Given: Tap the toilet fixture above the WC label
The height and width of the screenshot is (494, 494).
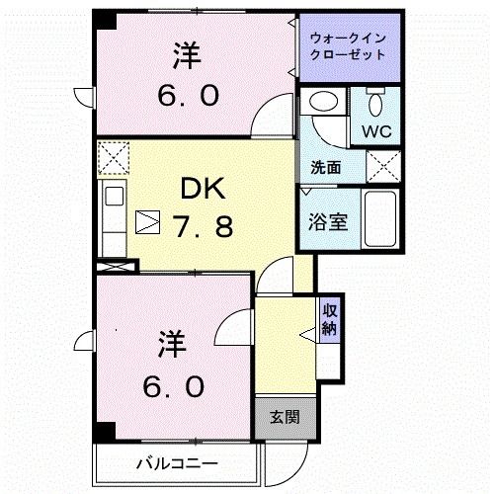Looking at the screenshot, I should [x=374, y=104].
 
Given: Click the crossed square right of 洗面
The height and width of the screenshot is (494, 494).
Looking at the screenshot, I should [x=382, y=166].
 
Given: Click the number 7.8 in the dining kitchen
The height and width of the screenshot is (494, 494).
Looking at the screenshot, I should [x=205, y=226].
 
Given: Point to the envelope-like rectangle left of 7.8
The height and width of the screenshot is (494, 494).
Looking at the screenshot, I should [x=146, y=222].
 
